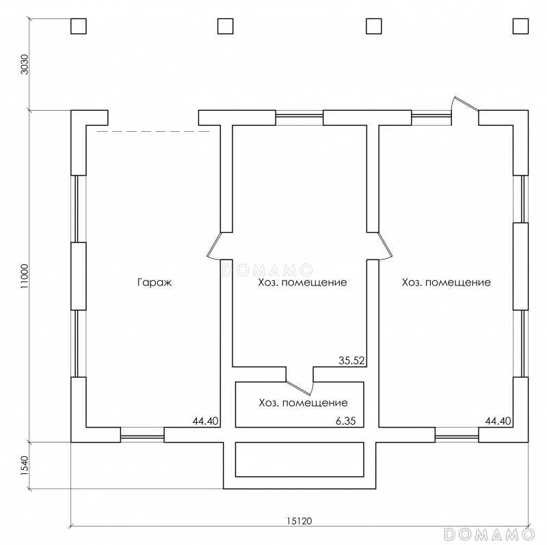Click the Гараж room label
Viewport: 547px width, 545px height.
pos(155,283)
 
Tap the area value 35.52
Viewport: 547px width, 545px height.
pos(351,361)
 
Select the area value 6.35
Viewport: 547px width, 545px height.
pos(346,421)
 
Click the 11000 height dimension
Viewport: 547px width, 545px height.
pos(24,276)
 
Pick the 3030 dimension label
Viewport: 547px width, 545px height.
pos(24,64)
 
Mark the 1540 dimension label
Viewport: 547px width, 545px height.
pos(24,466)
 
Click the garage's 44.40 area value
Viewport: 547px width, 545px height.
pos(206,421)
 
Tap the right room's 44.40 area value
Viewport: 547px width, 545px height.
pos(498,421)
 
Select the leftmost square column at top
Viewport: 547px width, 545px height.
pos(79,26)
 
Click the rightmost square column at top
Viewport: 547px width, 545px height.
pos(520,26)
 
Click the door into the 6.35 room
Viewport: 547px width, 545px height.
pos(300,387)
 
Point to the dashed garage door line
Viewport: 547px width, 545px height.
pos(153,131)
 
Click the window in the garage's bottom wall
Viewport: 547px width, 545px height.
pos(142,435)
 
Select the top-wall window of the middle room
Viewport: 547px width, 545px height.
pos(299,117)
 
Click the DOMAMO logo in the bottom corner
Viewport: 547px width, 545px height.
pos(490,533)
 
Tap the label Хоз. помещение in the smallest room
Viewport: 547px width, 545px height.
pos(303,403)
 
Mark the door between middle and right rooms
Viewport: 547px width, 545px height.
pos(385,246)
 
